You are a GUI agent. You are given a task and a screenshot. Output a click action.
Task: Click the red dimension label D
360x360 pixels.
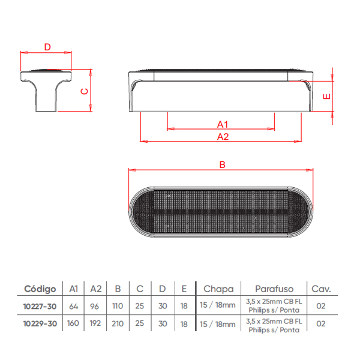(x=47, y=47)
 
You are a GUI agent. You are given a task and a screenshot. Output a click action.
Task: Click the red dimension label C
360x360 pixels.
(x=85, y=91)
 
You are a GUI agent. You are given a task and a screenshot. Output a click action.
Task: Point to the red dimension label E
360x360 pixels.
(x=326, y=97)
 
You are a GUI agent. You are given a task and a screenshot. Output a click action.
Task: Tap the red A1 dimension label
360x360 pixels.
(x=223, y=124)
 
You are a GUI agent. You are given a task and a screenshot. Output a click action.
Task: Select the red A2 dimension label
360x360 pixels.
(x=223, y=137)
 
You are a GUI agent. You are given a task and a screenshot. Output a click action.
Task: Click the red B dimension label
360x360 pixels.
(x=222, y=164)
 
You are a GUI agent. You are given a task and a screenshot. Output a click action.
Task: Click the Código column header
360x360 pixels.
(x=40, y=289)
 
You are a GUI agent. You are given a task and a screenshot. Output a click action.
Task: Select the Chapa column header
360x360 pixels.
(x=218, y=289)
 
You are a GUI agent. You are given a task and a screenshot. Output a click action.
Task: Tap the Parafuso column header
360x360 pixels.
(x=274, y=289)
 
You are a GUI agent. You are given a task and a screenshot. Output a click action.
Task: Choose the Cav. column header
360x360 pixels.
(x=321, y=289)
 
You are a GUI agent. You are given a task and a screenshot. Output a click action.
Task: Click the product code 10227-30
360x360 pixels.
(x=40, y=306)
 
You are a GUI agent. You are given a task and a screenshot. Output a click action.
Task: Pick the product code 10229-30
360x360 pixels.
(x=40, y=324)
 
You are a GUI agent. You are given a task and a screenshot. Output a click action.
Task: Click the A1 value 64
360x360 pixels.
(x=73, y=306)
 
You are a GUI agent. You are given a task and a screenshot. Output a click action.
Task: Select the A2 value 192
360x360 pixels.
(x=95, y=323)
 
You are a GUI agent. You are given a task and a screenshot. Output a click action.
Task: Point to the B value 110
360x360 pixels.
(x=118, y=306)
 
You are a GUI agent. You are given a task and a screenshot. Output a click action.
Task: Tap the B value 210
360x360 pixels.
(x=118, y=323)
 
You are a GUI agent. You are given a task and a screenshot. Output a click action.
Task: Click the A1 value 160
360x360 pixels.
(x=73, y=323)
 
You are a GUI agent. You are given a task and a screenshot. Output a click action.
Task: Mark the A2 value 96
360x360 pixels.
(x=94, y=306)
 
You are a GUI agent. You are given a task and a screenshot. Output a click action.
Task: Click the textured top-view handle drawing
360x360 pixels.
(x=221, y=212)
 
